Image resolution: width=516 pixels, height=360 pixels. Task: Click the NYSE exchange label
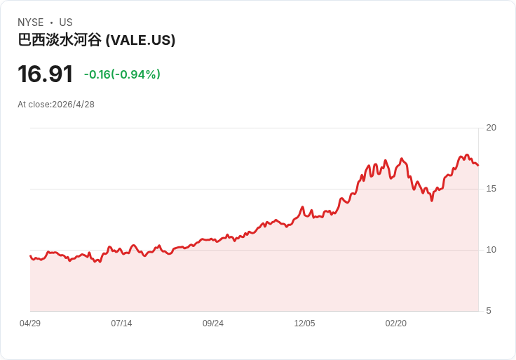click(30, 22)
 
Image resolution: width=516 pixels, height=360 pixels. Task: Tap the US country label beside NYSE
click(66, 22)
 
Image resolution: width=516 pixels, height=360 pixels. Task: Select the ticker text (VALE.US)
click(140, 40)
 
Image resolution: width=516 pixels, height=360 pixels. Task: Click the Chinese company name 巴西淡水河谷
click(60, 40)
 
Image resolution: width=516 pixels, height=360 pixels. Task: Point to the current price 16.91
click(45, 74)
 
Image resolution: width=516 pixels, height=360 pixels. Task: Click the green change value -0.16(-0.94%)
click(122, 74)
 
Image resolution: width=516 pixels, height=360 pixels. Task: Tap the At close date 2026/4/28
click(73, 105)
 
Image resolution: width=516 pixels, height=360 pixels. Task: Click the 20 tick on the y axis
click(491, 128)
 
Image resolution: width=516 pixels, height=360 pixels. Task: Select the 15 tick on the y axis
click(491, 189)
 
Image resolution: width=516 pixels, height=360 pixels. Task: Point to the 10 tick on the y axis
click(491, 250)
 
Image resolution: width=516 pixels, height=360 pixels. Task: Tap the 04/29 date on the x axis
click(30, 324)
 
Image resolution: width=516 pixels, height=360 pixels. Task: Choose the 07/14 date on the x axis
click(121, 324)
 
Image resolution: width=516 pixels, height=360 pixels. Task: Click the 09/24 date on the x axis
click(213, 324)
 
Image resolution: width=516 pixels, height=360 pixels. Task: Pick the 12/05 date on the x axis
click(304, 324)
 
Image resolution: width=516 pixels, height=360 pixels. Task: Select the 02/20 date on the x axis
click(396, 324)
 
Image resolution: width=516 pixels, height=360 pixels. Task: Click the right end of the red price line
click(478, 166)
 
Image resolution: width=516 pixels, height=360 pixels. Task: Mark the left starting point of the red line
click(30, 255)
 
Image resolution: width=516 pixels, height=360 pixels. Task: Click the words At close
click(33, 105)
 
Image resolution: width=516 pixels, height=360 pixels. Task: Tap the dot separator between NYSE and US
click(51, 22)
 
